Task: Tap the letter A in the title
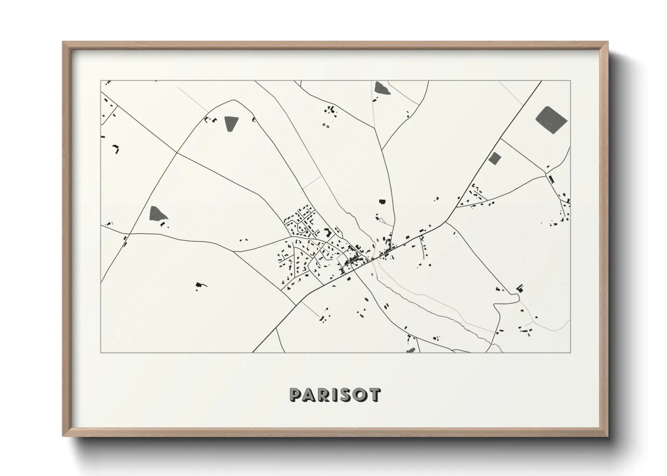pyautogui.click(x=311, y=395)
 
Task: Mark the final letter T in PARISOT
pyautogui.click(x=375, y=395)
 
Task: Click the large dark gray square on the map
pyautogui.click(x=551, y=119)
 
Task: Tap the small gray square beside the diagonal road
pyautogui.click(x=495, y=158)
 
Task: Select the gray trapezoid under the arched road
pyautogui.click(x=231, y=123)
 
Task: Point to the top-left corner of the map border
pyautogui.click(x=101, y=81)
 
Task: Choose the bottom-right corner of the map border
pyautogui.click(x=571, y=352)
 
